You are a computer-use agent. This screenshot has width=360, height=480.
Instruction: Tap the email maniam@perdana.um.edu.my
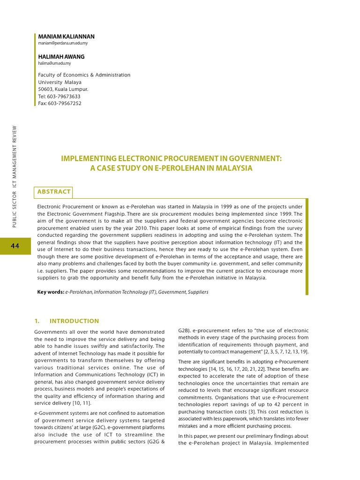click(x=63, y=43)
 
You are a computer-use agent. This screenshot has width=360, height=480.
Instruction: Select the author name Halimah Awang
click(x=61, y=57)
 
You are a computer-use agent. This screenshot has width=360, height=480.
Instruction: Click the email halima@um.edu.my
click(x=54, y=63)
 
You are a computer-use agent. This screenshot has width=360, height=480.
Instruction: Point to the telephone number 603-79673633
click(x=64, y=97)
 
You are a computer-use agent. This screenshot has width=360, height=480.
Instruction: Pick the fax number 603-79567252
click(x=65, y=104)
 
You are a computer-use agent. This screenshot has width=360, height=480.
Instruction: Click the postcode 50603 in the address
click(x=45, y=89)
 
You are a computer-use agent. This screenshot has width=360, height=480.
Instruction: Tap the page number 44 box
click(x=15, y=246)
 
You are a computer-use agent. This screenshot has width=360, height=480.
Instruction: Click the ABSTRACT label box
click(x=54, y=192)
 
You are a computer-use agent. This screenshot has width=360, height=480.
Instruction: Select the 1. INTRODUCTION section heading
click(x=67, y=321)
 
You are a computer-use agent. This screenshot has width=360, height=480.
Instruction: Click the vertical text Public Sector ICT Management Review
click(x=15, y=177)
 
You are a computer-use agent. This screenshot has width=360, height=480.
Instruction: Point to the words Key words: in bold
click(x=51, y=292)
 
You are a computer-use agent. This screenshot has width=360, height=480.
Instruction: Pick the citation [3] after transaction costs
click(x=252, y=412)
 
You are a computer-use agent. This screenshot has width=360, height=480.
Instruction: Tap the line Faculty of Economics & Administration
click(x=84, y=75)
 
